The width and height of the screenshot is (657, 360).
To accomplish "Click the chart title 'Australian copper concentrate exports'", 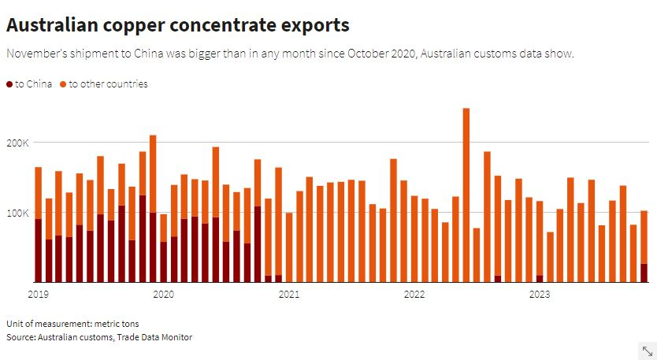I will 177,25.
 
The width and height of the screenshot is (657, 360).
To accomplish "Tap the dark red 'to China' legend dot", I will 9,84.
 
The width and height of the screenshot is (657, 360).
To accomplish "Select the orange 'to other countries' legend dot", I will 63,84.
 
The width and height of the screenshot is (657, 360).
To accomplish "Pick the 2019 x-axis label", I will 38,294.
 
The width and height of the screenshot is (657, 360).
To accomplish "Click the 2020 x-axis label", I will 163,294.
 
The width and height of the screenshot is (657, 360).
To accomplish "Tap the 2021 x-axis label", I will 289,294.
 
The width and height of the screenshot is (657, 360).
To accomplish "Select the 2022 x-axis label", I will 414,294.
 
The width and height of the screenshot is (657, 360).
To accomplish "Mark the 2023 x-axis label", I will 540,294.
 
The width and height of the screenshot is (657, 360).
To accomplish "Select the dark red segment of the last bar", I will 644,273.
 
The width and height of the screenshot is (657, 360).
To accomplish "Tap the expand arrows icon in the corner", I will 648,351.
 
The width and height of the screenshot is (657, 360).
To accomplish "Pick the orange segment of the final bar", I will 644,236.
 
